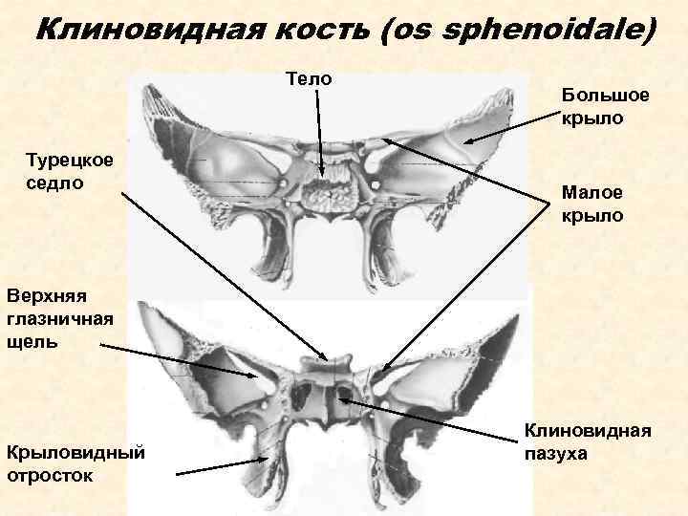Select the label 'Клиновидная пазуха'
tap(588, 442)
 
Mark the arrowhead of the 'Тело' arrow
tap(322, 176)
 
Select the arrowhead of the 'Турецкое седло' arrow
tap(327, 359)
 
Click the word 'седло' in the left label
tap(54, 182)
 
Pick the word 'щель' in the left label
tap(32, 341)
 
